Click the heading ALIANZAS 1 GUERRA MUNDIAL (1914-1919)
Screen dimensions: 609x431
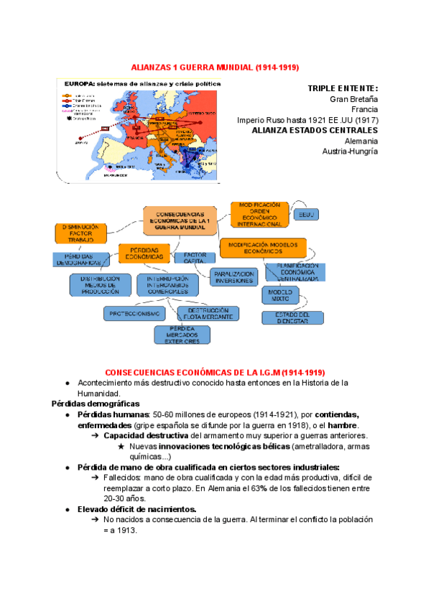[x=215, y=67]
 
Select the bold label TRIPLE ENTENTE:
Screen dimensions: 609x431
[x=343, y=88]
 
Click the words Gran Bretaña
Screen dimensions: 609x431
[x=353, y=98]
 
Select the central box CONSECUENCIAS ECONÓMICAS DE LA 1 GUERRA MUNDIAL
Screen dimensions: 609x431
[x=180, y=220]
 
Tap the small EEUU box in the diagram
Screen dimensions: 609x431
[x=306, y=215]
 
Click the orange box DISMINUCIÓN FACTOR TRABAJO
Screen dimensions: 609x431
[x=81, y=233]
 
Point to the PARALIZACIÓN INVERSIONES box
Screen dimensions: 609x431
[x=233, y=277]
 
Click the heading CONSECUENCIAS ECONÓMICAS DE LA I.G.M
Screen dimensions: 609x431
[x=215, y=372]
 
